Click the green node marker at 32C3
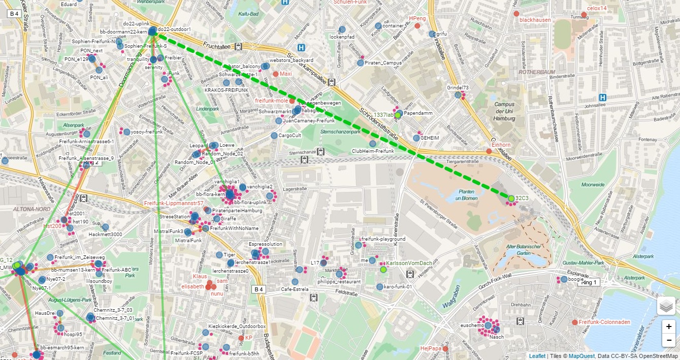pos(511,198)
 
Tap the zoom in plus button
pos(669,326)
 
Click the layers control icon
pos(666,306)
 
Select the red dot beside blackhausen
pos(516,14)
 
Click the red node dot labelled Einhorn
pos(489,151)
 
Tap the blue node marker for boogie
pos(564,279)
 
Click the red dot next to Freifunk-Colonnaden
pos(574,322)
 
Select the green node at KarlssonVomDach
pos(383,270)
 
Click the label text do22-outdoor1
pos(174,29)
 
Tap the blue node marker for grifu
pos(432,34)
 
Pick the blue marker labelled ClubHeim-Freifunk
pos(372,144)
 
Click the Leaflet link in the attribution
pos(537,356)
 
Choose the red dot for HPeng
pos(417,25)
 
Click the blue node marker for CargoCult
pos(274,136)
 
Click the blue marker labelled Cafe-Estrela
pos(295,282)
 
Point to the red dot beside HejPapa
pos(445,349)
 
